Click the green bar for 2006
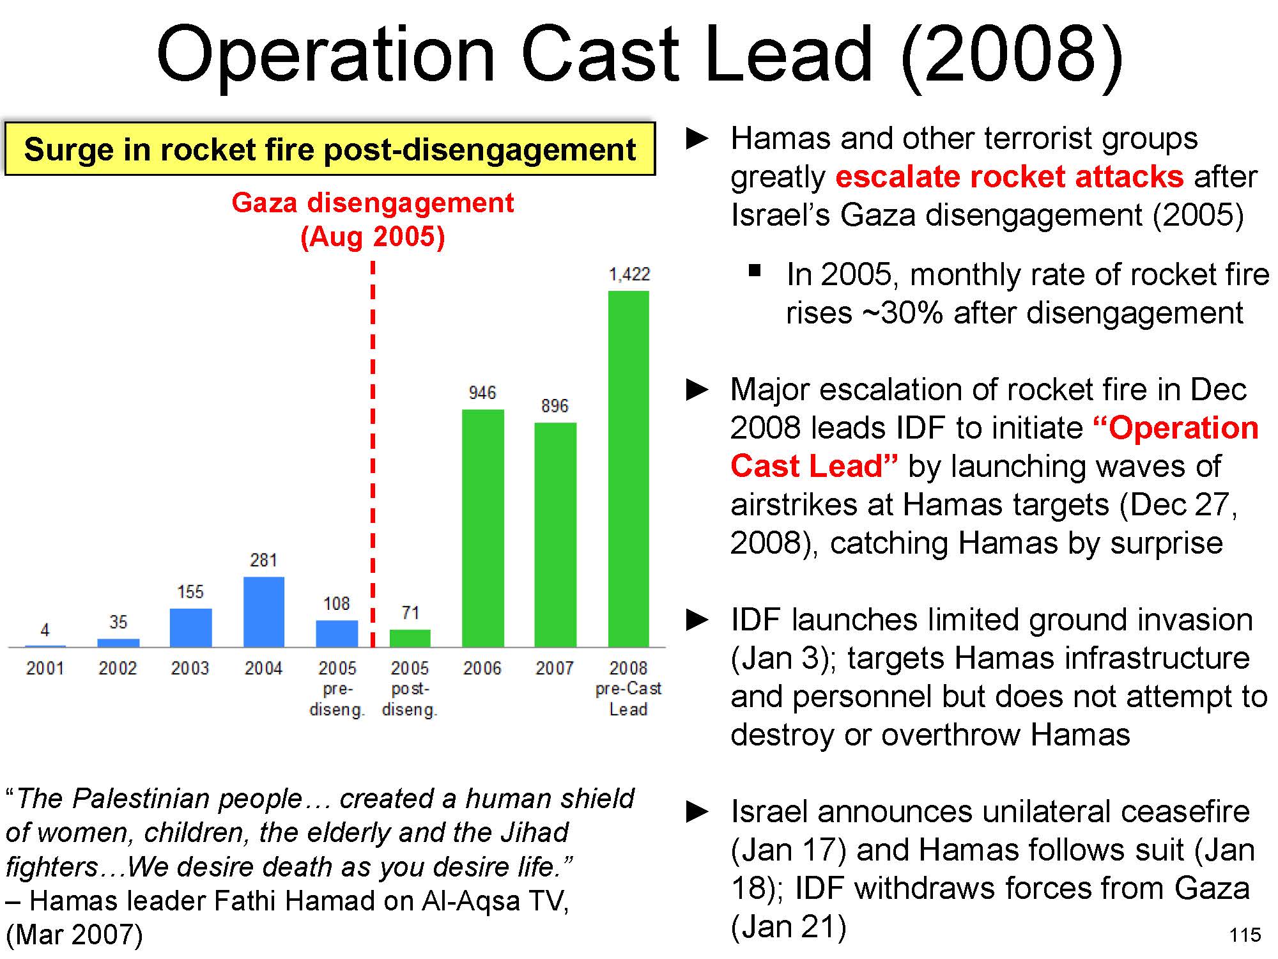pos(482,528)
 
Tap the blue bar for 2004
pos(263,612)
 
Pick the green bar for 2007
pos(555,534)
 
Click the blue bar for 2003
pos(190,627)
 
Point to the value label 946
pos(482,393)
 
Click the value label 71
pos(410,613)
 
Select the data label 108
pos(336,604)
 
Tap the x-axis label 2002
pos(118,668)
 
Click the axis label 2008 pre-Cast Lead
pos(628,689)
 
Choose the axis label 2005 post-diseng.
pos(410,689)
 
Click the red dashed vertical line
pos(373,448)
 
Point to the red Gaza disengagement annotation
pos(373,219)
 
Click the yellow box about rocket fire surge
pos(330,150)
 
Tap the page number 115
pos(1245,935)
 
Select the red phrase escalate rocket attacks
pos(1010,176)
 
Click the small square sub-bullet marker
pos(755,270)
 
